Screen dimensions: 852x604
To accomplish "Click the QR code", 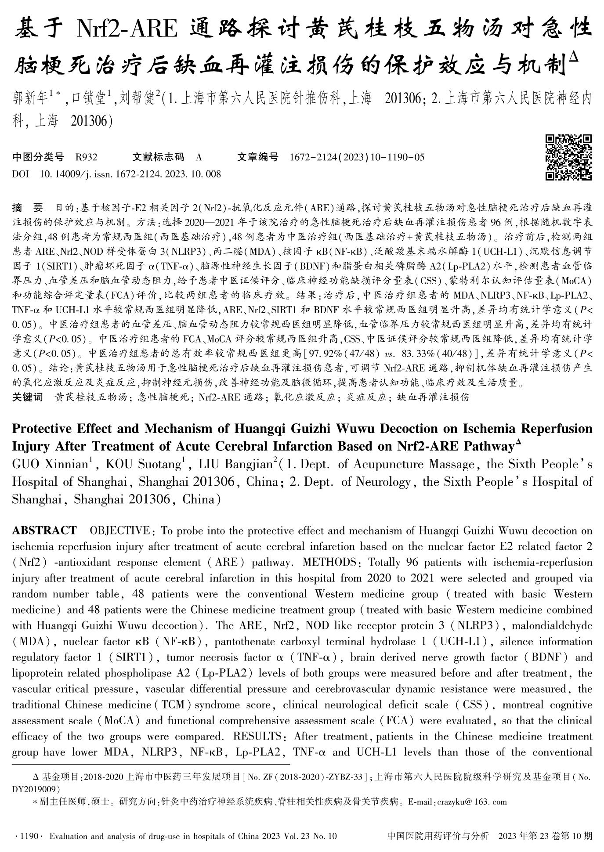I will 568,157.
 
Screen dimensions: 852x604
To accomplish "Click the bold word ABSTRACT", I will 44,531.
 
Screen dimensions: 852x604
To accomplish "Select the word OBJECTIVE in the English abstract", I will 119,531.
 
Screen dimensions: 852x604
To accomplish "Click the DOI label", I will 20,174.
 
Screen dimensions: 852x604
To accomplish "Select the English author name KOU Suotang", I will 144,465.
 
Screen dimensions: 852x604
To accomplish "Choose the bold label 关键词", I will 28,397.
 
